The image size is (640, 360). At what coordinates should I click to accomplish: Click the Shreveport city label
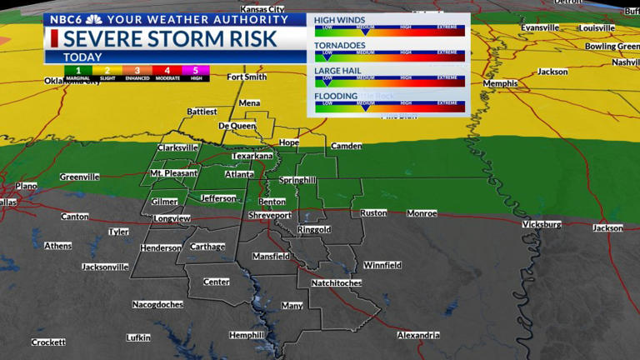coord(271,215)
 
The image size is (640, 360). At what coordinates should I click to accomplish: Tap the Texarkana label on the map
coord(252,156)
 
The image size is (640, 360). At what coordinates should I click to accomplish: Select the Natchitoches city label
coord(337,283)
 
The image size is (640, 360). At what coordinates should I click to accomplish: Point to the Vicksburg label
coord(542,224)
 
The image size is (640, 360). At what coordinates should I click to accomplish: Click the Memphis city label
coord(500,84)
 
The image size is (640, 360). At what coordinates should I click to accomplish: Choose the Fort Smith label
coord(247,77)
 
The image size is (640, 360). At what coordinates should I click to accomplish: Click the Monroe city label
coord(422,213)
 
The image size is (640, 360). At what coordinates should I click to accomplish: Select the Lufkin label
coord(138,337)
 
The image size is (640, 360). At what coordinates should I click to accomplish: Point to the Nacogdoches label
coord(157,305)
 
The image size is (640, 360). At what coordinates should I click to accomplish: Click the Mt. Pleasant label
coord(173,173)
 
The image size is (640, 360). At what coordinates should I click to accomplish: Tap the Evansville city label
coord(540,27)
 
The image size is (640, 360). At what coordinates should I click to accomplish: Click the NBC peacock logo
coord(94,19)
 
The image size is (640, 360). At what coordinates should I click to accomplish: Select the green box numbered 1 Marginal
coord(77,72)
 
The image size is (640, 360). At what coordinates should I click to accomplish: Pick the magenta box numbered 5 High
coord(197,72)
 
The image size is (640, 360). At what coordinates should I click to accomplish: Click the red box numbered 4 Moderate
coord(167,72)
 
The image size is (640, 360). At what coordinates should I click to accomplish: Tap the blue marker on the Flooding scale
coord(364,107)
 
